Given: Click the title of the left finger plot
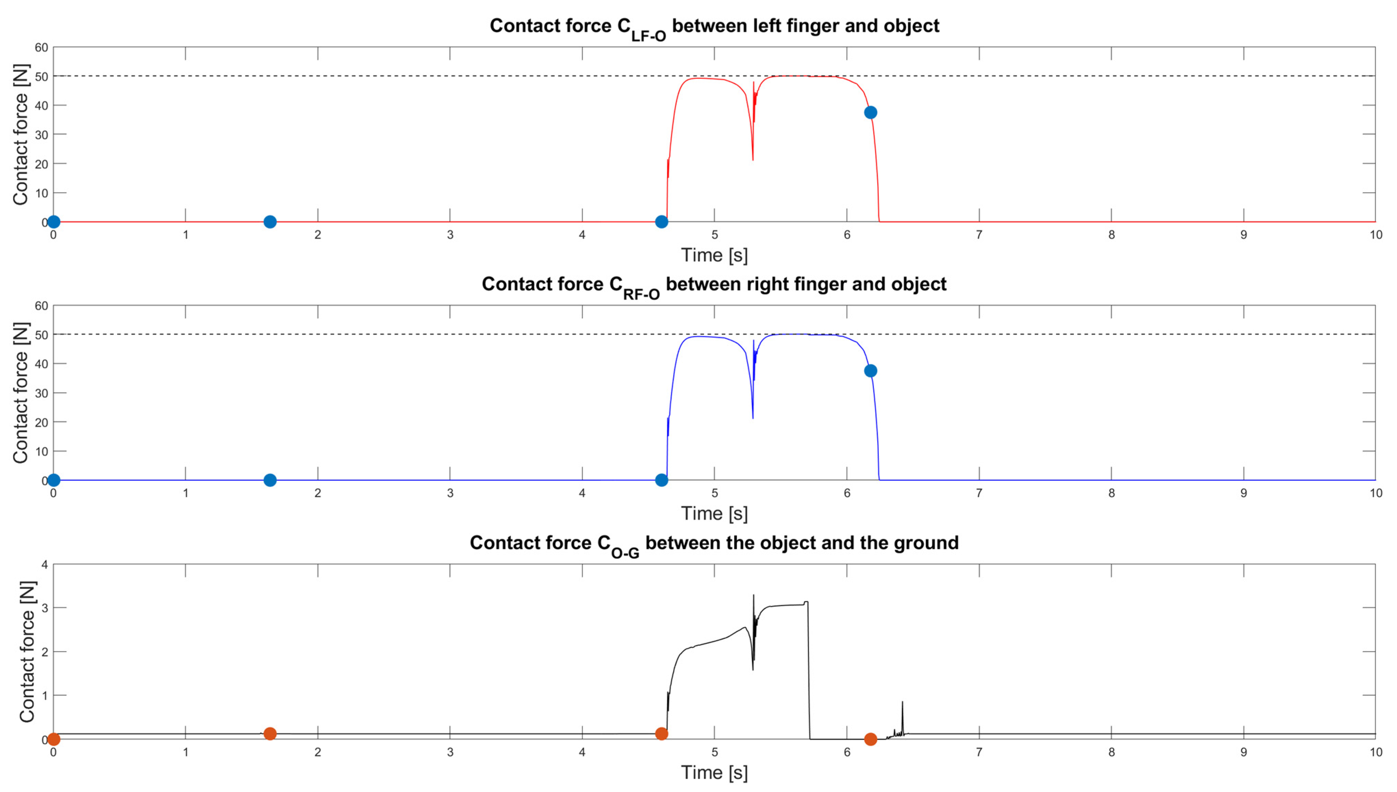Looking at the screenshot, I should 714,26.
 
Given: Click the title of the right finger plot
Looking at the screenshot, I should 714,285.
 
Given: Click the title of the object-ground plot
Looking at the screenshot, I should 714,543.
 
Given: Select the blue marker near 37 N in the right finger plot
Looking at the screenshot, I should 870,371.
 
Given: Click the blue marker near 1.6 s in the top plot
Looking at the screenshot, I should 270,222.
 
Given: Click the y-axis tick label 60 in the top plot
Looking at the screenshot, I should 41,47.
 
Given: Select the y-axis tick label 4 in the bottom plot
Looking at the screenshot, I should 45,565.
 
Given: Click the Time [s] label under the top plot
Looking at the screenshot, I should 714,255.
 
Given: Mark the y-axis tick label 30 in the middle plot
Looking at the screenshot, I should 41,393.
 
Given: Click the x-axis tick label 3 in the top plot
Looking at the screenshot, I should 450,235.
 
